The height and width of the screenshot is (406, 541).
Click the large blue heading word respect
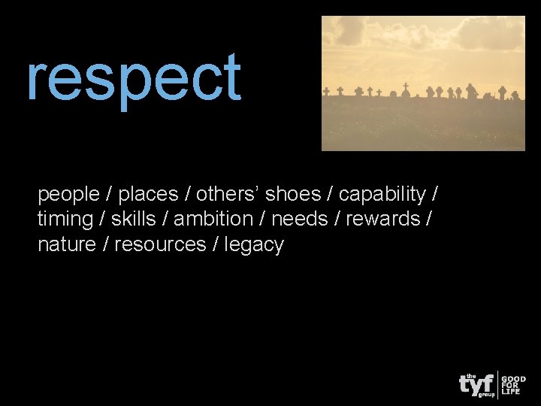[134, 79]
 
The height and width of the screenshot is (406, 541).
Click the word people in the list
[68, 195]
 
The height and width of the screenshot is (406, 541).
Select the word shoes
[293, 195]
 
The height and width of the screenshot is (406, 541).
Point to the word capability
[382, 195]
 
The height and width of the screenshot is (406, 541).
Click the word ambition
[213, 220]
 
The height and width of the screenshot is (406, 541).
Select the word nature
[67, 245]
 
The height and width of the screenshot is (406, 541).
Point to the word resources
[160, 245]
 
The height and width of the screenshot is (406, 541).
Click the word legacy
[255, 245]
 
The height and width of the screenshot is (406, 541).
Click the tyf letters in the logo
[476, 383]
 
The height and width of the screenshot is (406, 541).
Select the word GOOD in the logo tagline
[514, 380]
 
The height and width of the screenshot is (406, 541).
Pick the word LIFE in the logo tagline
[511, 392]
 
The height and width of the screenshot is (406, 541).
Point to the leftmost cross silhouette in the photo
[326, 91]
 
